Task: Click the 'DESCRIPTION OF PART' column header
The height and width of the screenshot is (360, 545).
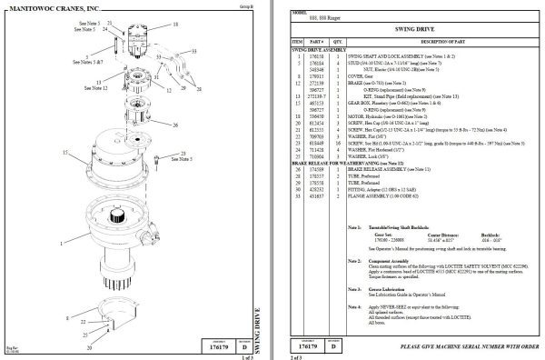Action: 445,42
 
